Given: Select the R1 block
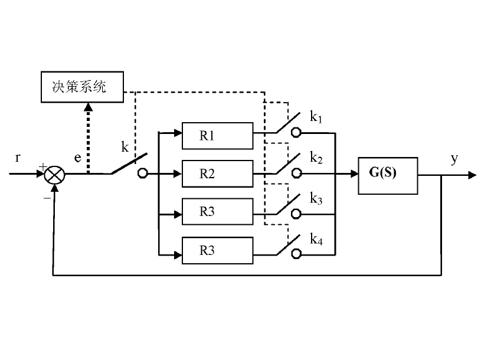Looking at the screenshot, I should pos(218,135).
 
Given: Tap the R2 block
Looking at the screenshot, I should pos(218,174).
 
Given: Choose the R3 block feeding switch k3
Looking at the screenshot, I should pos(218,212).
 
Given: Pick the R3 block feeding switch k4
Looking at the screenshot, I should pos(218,250).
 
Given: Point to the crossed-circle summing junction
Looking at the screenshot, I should pos(55,175).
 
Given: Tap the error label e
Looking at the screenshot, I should pos(77,158).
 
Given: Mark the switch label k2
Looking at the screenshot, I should pos(316,159).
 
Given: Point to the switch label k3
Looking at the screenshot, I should pos(316,199).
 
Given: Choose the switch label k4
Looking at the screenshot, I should pos(316,238).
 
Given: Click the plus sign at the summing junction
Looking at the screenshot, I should pos(42,167).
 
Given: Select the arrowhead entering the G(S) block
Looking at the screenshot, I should pos(354,175).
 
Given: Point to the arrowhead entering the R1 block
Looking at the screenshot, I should pos(178,134).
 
